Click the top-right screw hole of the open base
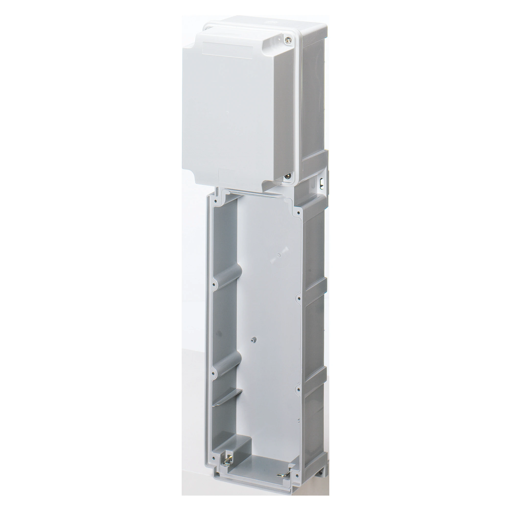point(299,212)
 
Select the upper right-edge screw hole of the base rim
point(299,298)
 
